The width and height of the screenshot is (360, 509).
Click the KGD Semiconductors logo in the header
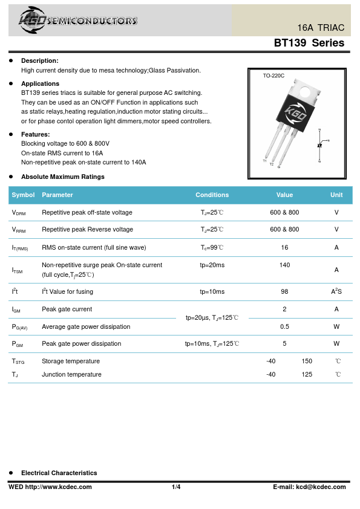(x=77, y=20)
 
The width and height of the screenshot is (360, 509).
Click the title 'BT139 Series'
(x=309, y=43)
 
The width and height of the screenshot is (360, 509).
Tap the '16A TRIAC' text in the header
(x=321, y=28)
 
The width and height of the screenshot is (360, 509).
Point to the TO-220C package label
(x=273, y=76)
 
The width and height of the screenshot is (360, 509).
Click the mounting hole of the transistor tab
(x=305, y=92)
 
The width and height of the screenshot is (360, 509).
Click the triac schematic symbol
(x=320, y=145)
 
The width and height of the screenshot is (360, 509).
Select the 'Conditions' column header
(x=212, y=195)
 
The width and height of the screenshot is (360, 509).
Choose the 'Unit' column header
(x=336, y=195)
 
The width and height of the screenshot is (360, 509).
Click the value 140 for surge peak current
(x=284, y=265)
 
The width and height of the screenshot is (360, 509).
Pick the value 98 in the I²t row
(x=284, y=291)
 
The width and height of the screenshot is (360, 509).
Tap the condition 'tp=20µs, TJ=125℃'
(x=212, y=317)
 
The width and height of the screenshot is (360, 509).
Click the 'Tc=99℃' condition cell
(x=212, y=247)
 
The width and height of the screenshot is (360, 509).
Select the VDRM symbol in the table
(x=19, y=213)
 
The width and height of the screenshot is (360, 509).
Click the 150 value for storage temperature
(x=307, y=361)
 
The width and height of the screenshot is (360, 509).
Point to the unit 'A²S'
(x=336, y=291)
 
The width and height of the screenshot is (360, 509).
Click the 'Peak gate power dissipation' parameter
(x=81, y=343)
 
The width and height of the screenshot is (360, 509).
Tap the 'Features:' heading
(x=36, y=134)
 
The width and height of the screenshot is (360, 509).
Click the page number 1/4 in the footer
(x=176, y=487)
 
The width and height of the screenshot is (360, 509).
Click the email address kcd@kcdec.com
(x=321, y=487)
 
